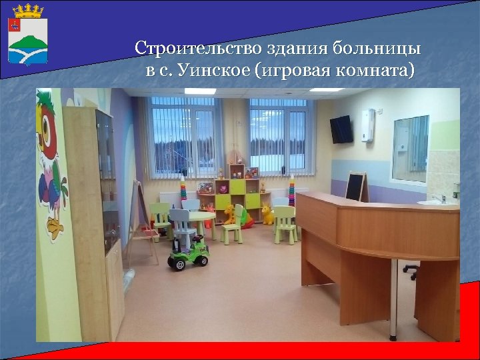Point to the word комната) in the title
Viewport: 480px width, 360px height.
[x=376, y=70]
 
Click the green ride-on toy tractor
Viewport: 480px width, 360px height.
[x=188, y=253]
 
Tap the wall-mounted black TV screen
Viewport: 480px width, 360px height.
[x=341, y=129]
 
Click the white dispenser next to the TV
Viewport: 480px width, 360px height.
[x=367, y=125]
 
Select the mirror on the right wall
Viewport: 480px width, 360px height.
[x=409, y=148]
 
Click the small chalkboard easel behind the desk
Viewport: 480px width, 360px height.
[x=355, y=185]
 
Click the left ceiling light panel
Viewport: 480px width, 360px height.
[x=199, y=91]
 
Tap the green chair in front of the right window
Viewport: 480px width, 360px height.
[x=285, y=222]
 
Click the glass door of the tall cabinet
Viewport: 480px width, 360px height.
[x=107, y=180]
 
